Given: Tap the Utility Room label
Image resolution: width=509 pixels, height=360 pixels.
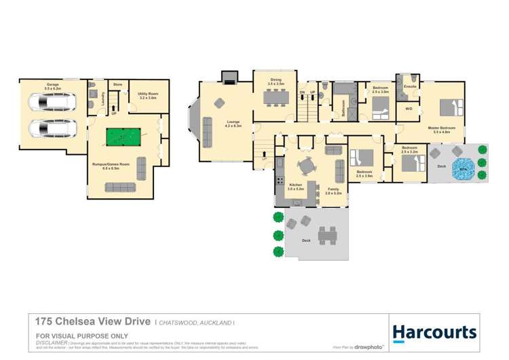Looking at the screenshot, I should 147,96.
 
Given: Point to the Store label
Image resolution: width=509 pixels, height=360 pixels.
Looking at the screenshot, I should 117,84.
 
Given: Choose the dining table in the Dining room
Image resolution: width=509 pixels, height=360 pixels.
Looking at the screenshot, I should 276,98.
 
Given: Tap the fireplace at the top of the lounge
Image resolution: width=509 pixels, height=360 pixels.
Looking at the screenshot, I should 231,76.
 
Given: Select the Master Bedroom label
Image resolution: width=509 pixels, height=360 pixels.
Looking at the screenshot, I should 440,128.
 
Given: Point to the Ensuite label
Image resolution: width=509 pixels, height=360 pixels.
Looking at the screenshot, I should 409,87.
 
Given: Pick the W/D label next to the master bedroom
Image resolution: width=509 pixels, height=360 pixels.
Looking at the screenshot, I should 409,108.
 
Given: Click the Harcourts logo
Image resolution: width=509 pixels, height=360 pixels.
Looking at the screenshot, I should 434,332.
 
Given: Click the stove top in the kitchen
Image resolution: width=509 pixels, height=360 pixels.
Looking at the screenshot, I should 279,181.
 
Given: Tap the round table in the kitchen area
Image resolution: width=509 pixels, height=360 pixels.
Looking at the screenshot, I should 307,165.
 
